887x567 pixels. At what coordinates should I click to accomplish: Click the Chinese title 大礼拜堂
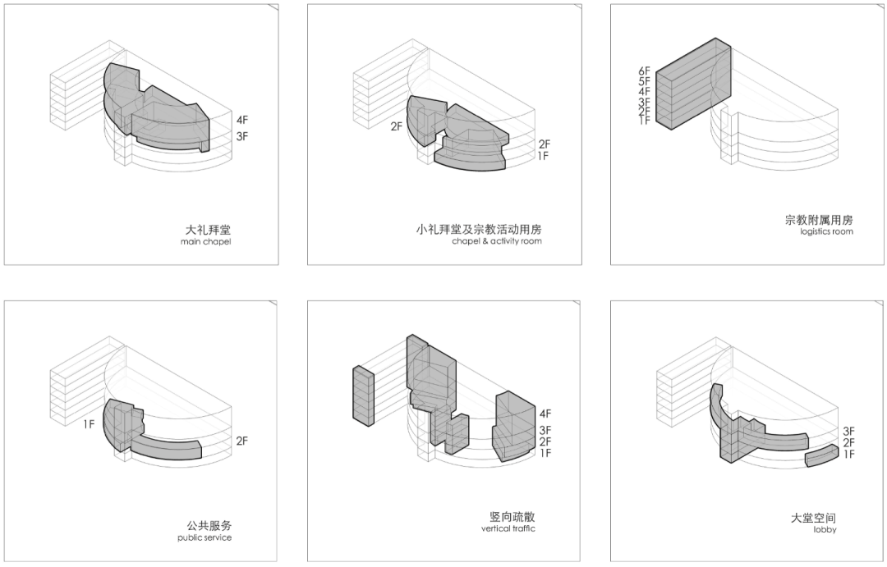pos(208,230)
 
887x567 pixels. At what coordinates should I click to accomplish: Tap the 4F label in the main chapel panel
pos(242,120)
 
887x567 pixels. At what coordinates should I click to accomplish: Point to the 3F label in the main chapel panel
pos(242,136)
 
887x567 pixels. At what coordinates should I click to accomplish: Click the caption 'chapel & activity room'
pos(497,242)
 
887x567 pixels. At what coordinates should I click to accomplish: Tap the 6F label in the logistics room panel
pos(644,71)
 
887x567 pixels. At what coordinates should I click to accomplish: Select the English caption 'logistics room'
pos(826,232)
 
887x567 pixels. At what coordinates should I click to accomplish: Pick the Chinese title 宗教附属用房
pos(818,220)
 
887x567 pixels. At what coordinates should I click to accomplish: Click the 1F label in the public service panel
pos(89,424)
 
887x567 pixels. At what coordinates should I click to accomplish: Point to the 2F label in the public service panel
pos(242,441)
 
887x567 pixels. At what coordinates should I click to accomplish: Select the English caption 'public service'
pos(205,538)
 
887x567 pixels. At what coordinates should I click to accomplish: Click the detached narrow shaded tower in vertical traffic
pos(364,396)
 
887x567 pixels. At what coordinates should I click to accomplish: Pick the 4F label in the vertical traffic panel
pos(545,414)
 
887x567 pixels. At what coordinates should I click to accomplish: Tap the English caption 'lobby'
pos(825,530)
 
